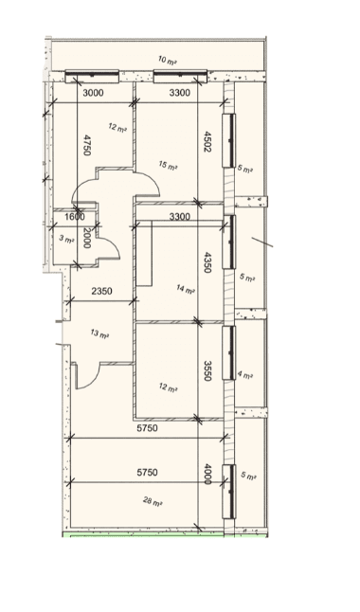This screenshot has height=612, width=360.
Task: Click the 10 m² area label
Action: [x=167, y=60]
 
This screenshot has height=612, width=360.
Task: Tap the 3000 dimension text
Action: [x=94, y=93]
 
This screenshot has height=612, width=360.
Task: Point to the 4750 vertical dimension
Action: [x=87, y=145]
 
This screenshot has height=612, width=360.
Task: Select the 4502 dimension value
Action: [x=208, y=142]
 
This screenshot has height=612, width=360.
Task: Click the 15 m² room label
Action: [x=168, y=165]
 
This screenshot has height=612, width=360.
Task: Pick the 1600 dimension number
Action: [x=75, y=217]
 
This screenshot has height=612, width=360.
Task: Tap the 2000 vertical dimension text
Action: [x=86, y=238]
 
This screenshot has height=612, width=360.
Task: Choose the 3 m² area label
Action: [x=66, y=239]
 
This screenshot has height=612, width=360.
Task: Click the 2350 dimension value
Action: [x=102, y=291]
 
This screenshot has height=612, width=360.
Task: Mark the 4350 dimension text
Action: [x=208, y=262]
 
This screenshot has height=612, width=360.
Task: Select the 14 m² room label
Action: [x=186, y=290]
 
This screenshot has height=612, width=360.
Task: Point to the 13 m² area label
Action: [x=99, y=334]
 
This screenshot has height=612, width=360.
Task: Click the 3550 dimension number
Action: [x=208, y=370]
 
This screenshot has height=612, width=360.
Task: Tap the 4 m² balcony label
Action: [x=245, y=375]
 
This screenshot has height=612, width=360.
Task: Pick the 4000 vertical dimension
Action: [x=208, y=474]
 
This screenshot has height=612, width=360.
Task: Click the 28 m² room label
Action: [x=153, y=501]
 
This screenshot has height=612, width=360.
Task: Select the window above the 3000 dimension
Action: [x=92, y=76]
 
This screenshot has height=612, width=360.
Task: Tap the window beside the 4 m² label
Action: [x=229, y=352]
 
